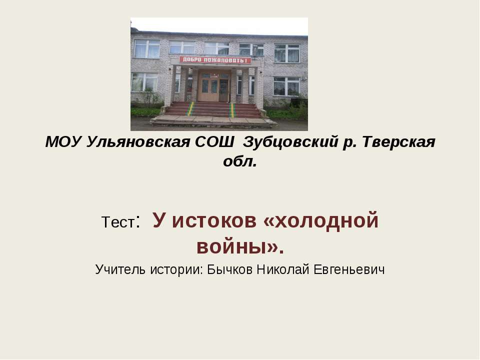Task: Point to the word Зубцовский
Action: [290, 142]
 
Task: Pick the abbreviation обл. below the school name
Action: [239, 161]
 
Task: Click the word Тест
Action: [118, 222]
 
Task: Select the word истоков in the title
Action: [213, 221]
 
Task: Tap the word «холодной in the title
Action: [321, 220]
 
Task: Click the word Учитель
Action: [120, 269]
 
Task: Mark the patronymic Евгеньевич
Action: [348, 269]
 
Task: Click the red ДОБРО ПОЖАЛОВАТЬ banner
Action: [215, 60]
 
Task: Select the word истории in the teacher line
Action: [176, 269]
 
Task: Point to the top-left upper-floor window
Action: [147, 49]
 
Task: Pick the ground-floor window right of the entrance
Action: [286, 86]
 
